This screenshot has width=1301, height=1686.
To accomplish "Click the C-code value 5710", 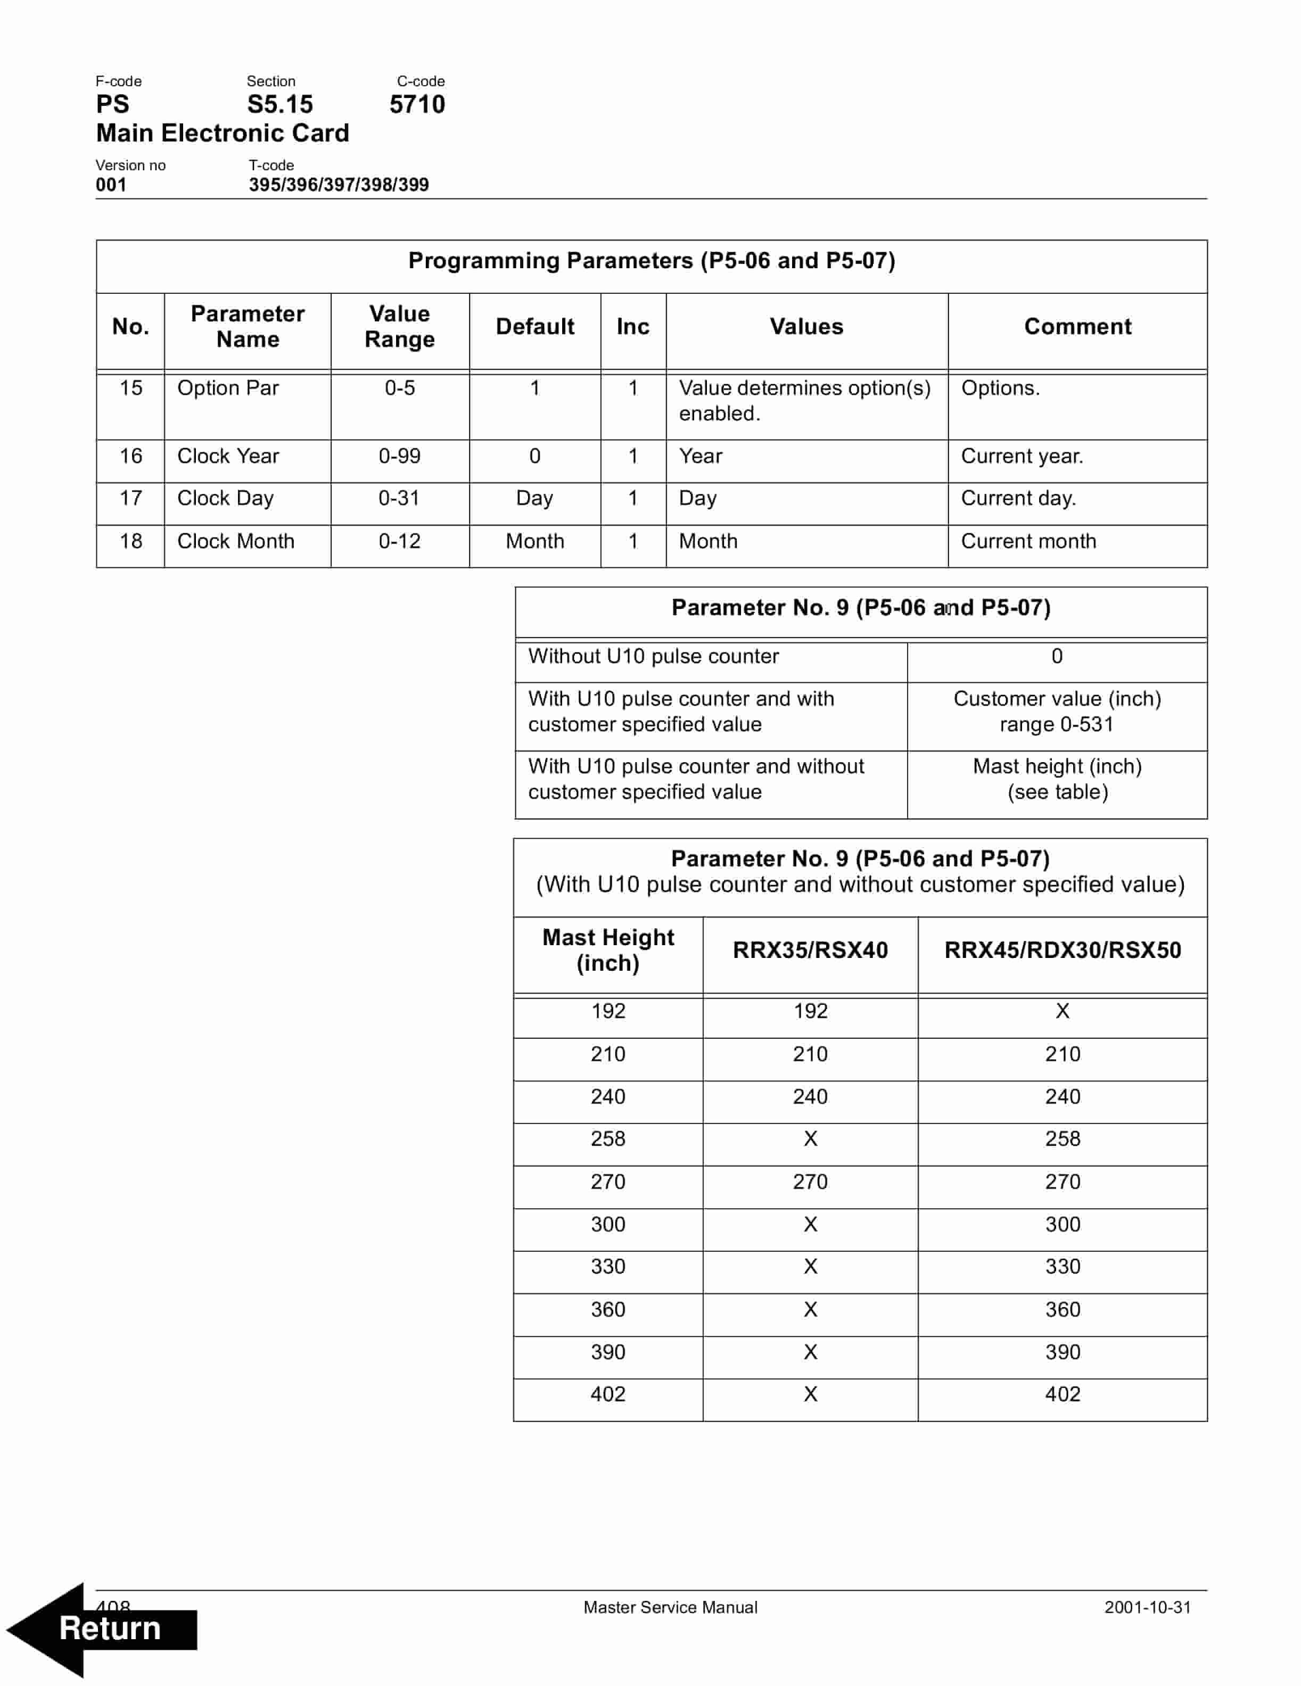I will click(x=417, y=104).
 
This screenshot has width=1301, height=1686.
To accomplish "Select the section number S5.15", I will click(x=279, y=104).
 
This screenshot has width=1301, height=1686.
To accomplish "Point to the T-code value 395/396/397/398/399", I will click(x=338, y=185).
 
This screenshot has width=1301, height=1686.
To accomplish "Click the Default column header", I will click(x=534, y=327).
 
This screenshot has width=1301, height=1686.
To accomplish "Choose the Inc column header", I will click(x=632, y=327).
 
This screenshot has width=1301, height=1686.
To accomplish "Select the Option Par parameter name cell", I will click(x=228, y=389).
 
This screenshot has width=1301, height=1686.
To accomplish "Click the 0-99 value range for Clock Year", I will click(x=399, y=456).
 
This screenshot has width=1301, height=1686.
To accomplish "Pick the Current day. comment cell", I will click(x=1018, y=499).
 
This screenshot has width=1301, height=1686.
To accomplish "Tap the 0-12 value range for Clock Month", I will click(x=399, y=541).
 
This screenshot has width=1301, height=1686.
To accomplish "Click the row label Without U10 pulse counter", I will click(x=653, y=656).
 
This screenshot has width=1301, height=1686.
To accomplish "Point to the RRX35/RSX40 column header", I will click(x=810, y=951).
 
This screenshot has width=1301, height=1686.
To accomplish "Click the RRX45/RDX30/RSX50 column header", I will click(x=1063, y=951).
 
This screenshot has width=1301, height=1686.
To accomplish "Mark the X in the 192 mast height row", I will click(x=1063, y=1011).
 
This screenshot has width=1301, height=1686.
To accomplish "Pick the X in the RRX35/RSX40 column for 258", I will click(x=810, y=1139).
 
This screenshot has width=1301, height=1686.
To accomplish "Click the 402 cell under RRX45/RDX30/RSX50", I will click(x=1063, y=1394).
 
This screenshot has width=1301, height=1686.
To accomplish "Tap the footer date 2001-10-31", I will click(x=1147, y=1607).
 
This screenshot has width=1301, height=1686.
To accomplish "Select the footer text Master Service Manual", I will click(x=670, y=1607).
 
